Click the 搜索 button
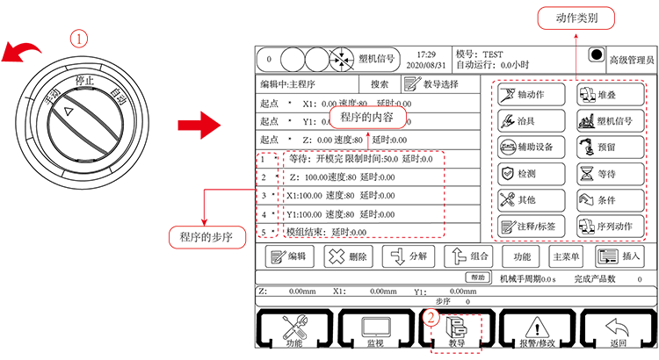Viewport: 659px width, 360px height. click(380, 84)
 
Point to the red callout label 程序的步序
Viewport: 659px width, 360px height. click(204, 235)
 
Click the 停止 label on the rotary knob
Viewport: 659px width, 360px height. click(85, 80)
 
